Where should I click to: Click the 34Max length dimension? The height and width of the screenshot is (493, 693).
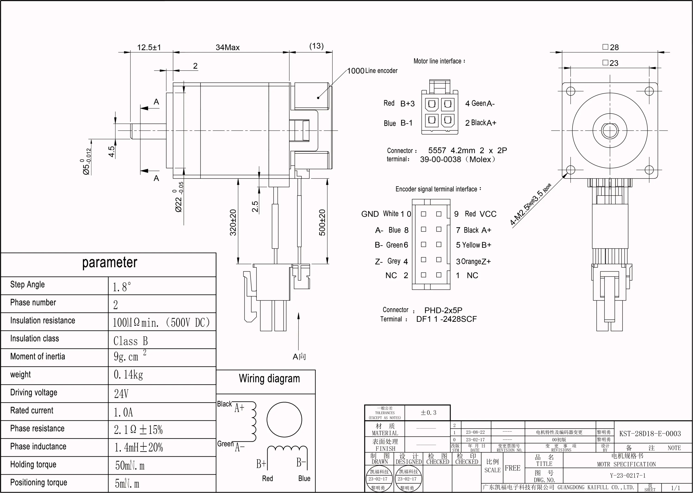pyautogui.click(x=228, y=48)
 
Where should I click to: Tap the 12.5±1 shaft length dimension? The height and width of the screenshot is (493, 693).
pyautogui.click(x=149, y=48)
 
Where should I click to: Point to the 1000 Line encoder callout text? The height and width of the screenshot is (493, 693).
pyautogui.click(x=372, y=71)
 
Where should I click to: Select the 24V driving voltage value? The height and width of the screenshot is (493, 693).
pyautogui.click(x=121, y=394)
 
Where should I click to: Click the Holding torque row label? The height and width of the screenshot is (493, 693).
pyautogui.click(x=33, y=465)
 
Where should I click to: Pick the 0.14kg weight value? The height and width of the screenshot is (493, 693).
pyautogui.click(x=128, y=375)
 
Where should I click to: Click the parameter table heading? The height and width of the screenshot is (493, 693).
pyautogui.click(x=110, y=263)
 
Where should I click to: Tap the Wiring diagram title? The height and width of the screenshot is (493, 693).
pyautogui.click(x=269, y=378)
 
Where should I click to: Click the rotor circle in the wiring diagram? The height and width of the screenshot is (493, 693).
pyautogui.click(x=284, y=419)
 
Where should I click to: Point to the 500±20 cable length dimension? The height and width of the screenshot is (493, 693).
pyautogui.click(x=322, y=222)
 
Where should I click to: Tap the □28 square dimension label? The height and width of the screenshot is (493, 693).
pyautogui.click(x=610, y=47)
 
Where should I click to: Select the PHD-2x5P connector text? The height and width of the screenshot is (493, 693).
pyautogui.click(x=443, y=310)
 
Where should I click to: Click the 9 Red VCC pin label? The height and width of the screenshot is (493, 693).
pyautogui.click(x=475, y=214)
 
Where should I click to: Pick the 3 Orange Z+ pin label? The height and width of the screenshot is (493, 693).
pyautogui.click(x=473, y=261)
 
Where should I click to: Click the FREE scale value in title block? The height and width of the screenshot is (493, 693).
pyautogui.click(x=512, y=468)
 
